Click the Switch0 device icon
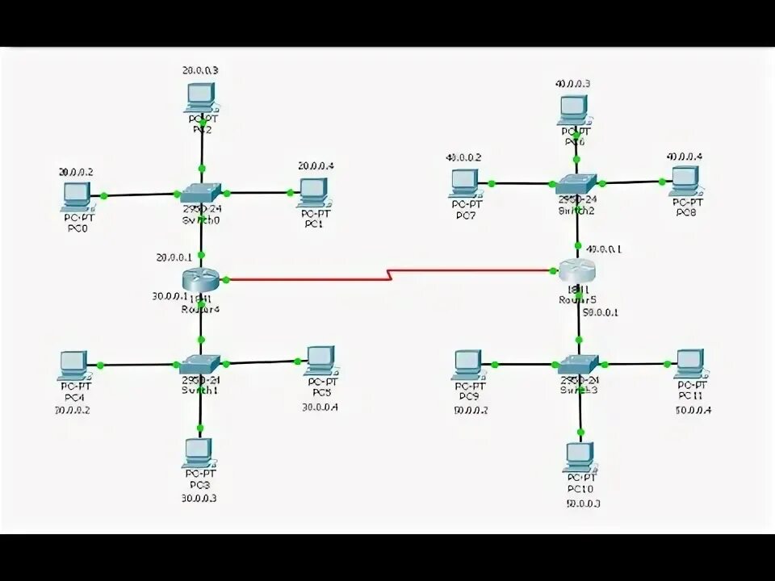click(x=199, y=193)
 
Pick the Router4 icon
click(x=199, y=279)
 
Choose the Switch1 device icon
click(x=199, y=364)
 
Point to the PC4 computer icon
click(x=75, y=364)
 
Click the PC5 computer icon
click(x=320, y=360)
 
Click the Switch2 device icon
click(x=578, y=183)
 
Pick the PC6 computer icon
click(x=573, y=108)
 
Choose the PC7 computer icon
click(x=466, y=182)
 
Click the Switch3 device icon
click(x=578, y=364)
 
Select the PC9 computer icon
click(x=467, y=364)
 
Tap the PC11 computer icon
click(x=689, y=364)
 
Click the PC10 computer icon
click(x=578, y=457)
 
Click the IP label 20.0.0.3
click(x=200, y=70)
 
